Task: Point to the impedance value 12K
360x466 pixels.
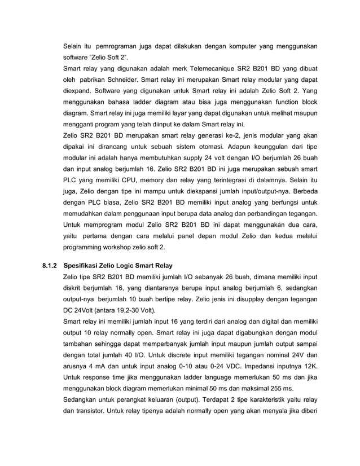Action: tap(308, 366)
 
